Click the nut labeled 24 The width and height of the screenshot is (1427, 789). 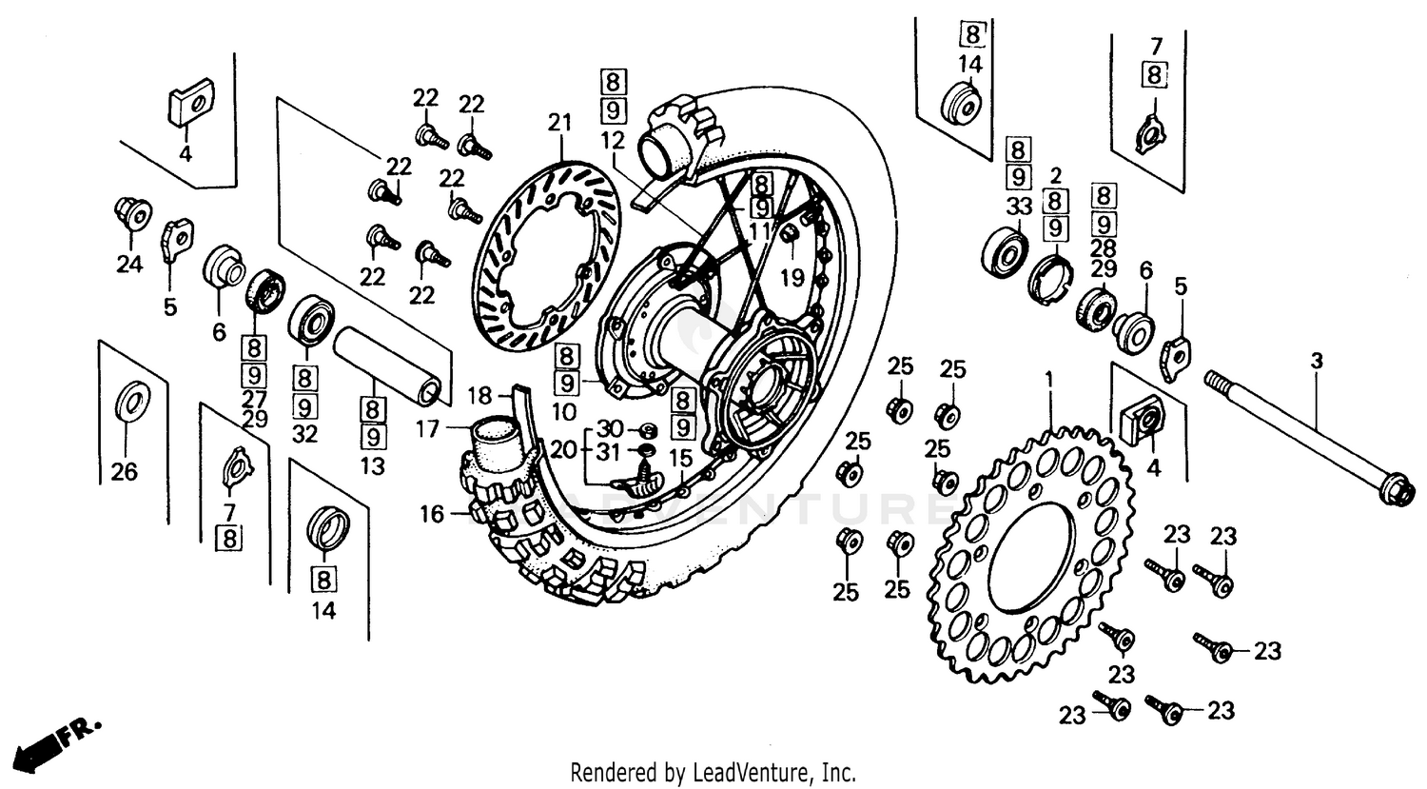(x=129, y=215)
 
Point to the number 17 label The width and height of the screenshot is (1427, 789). (x=428, y=430)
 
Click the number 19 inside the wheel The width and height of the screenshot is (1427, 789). (x=792, y=277)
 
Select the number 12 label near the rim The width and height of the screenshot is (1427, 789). (x=614, y=141)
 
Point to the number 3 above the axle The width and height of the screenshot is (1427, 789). (x=1317, y=362)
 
